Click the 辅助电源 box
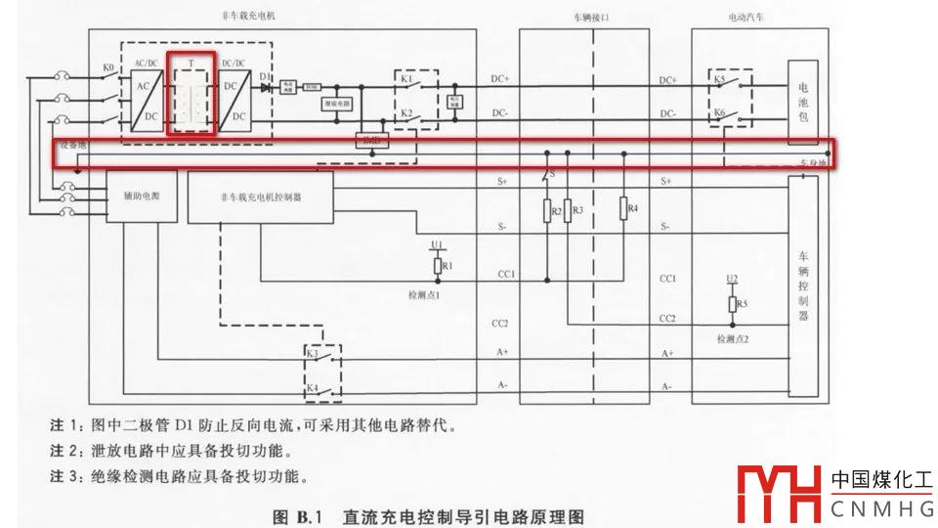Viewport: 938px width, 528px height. (136, 197)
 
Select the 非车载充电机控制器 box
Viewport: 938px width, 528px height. (260, 197)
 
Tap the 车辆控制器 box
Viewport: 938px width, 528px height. (803, 289)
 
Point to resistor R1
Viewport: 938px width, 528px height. (438, 265)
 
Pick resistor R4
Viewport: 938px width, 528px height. (622, 209)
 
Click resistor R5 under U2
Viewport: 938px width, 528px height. (732, 304)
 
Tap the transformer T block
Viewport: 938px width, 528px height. (191, 94)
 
